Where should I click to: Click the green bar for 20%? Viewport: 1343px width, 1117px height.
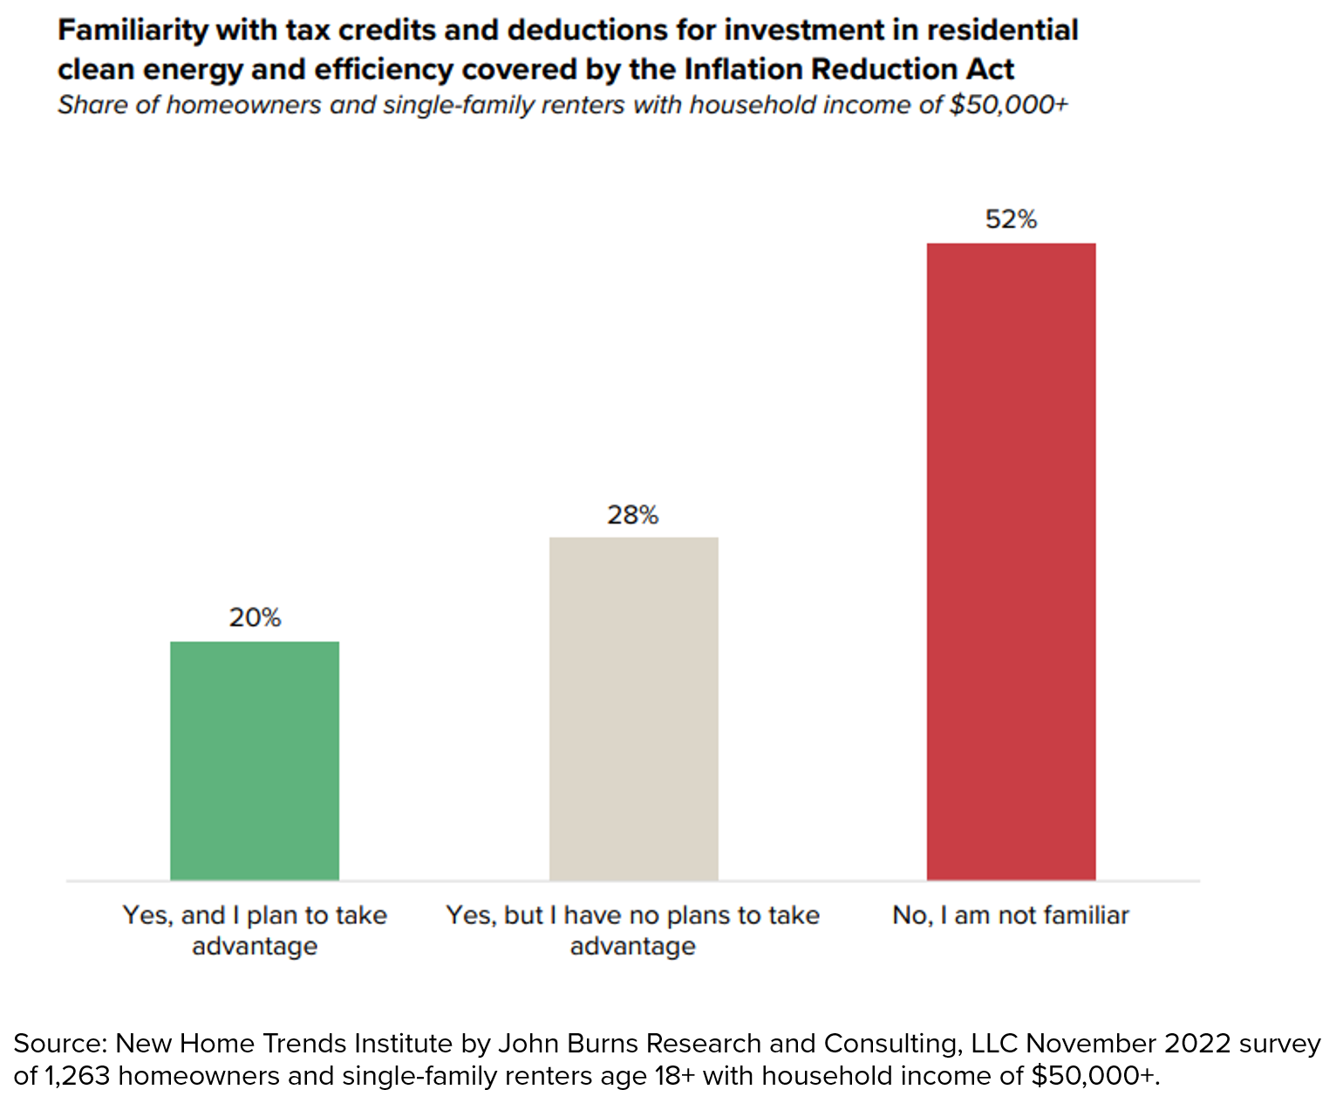(255, 760)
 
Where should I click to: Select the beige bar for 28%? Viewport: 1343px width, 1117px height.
(633, 708)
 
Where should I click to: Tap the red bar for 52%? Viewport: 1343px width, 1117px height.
(1011, 561)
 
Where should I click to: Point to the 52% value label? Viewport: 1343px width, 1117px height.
(1011, 220)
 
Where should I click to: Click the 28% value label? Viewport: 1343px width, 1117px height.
(633, 516)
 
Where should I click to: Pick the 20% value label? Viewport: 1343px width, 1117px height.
(255, 619)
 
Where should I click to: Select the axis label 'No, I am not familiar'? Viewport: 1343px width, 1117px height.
(1011, 915)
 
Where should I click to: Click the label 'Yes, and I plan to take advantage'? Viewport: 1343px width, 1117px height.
(255, 930)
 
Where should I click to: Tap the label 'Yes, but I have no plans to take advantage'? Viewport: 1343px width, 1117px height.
(633, 930)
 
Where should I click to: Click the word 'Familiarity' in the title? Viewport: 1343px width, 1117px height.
(133, 31)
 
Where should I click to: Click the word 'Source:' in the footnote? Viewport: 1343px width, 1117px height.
(59, 1044)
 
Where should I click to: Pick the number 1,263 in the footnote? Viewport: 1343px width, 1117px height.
(77, 1076)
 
